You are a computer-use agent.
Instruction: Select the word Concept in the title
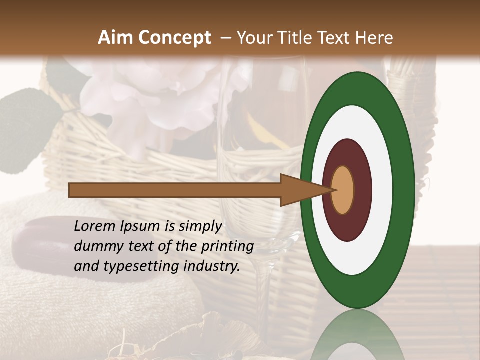[x=175, y=38]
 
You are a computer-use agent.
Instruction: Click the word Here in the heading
[x=374, y=38]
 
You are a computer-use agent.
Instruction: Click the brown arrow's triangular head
[x=300, y=190]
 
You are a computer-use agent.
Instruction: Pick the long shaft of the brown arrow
[x=175, y=190]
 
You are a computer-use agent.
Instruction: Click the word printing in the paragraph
[x=227, y=247]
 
